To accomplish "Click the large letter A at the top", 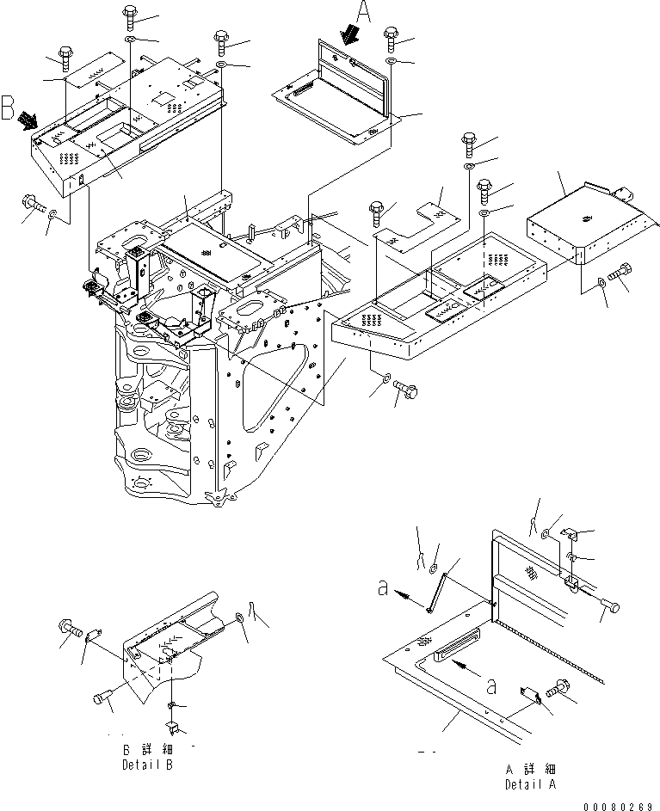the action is point(364,11).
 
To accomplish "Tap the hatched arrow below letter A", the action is point(349,34).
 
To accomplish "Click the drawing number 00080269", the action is point(618,806).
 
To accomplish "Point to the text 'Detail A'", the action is point(531,783).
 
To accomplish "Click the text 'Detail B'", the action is point(147,764).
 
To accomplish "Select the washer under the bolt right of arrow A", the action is point(392,62).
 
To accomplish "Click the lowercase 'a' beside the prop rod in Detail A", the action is point(384,588).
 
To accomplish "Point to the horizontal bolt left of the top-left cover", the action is point(34,203).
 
